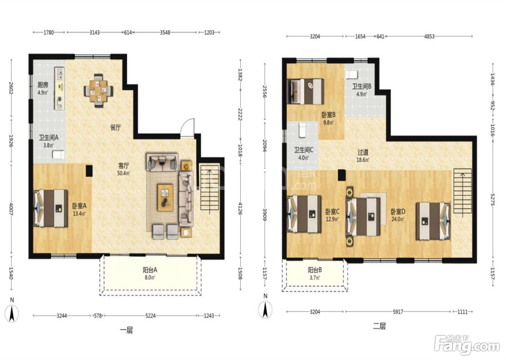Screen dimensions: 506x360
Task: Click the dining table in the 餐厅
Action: pyautogui.click(x=98, y=91)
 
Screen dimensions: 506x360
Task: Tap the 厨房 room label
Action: pyautogui.click(x=43, y=85)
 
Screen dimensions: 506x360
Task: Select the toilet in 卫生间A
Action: pyautogui.click(x=59, y=155)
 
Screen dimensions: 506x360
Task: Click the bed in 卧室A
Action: pyautogui.click(x=51, y=208)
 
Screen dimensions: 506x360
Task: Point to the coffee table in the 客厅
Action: pyautogui.click(x=166, y=198)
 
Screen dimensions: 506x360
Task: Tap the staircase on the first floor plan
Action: pyautogui.click(x=210, y=189)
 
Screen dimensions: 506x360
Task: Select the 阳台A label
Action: pyautogui.click(x=150, y=270)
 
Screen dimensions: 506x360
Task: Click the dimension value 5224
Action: pyautogui.click(x=150, y=316)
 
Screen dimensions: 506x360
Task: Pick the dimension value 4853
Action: pyautogui.click(x=429, y=37)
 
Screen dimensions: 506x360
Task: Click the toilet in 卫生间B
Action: pyautogui.click(x=351, y=74)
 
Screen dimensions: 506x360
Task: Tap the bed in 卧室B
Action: pyautogui.click(x=305, y=91)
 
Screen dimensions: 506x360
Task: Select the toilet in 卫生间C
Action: pyautogui.click(x=302, y=130)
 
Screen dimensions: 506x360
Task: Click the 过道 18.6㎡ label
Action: pyautogui.click(x=363, y=156)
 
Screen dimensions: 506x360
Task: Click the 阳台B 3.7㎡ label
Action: pyautogui.click(x=315, y=274)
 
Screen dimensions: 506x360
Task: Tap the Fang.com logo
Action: pyautogui.click(x=467, y=346)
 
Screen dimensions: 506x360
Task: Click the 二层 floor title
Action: pyautogui.click(x=379, y=326)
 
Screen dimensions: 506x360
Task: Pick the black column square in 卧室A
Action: pyautogui.click(x=89, y=171)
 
